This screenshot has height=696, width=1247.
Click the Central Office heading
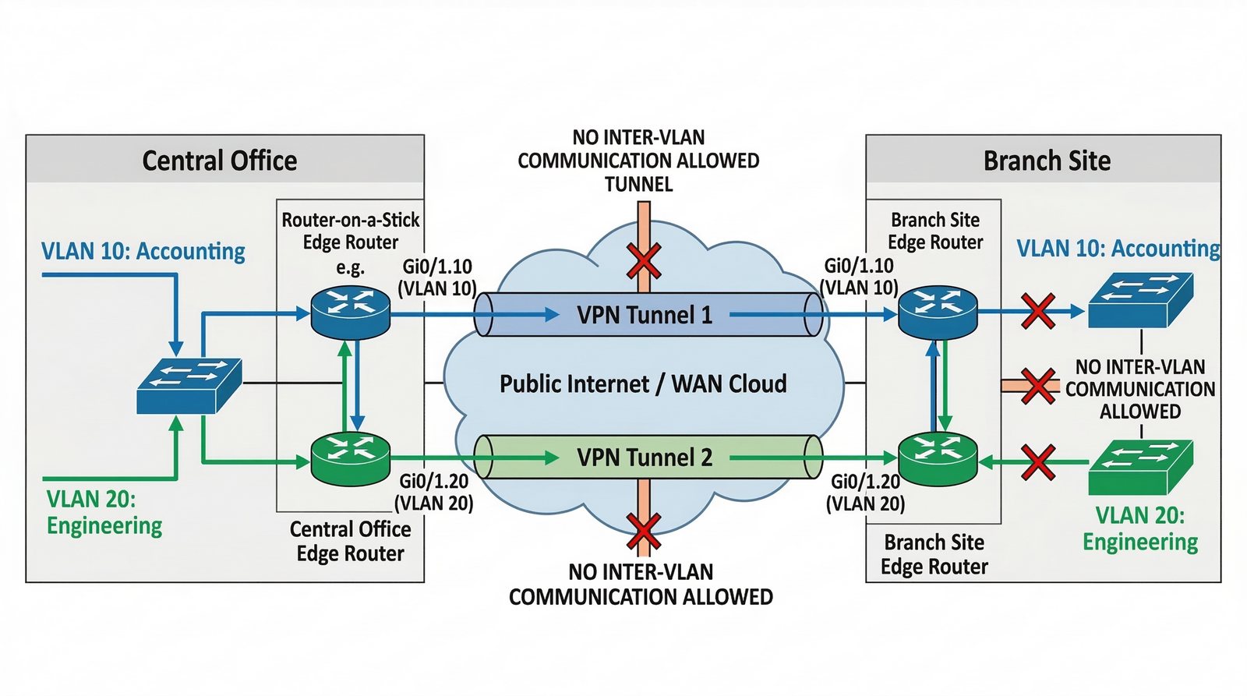coord(219,161)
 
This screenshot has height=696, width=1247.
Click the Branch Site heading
coord(1047,161)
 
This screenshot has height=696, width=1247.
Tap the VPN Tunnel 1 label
coord(645,315)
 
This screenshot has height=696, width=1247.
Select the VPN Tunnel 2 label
coord(645,458)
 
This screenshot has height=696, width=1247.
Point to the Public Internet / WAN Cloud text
coord(643,384)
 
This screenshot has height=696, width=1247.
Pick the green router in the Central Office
coord(350,458)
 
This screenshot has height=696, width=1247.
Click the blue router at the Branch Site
coord(938,313)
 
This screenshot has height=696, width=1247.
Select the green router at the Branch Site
coord(938,459)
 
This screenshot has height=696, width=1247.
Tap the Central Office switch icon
coord(189,386)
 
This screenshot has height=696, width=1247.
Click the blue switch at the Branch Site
coord(1141,299)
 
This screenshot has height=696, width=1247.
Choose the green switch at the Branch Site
coord(1141,467)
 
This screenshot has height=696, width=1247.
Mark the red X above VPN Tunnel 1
coord(644,260)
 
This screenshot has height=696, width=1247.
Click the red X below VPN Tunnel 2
coord(644,532)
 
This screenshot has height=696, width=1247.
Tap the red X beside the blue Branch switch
coord(1038,311)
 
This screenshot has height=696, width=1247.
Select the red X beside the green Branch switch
coord(1038,462)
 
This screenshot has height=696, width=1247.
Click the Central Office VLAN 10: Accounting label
coord(143,251)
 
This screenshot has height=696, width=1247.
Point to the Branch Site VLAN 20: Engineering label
coord(1140,528)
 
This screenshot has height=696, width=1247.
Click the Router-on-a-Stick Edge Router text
coord(350,231)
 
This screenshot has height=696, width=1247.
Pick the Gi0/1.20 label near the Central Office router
coord(434,481)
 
